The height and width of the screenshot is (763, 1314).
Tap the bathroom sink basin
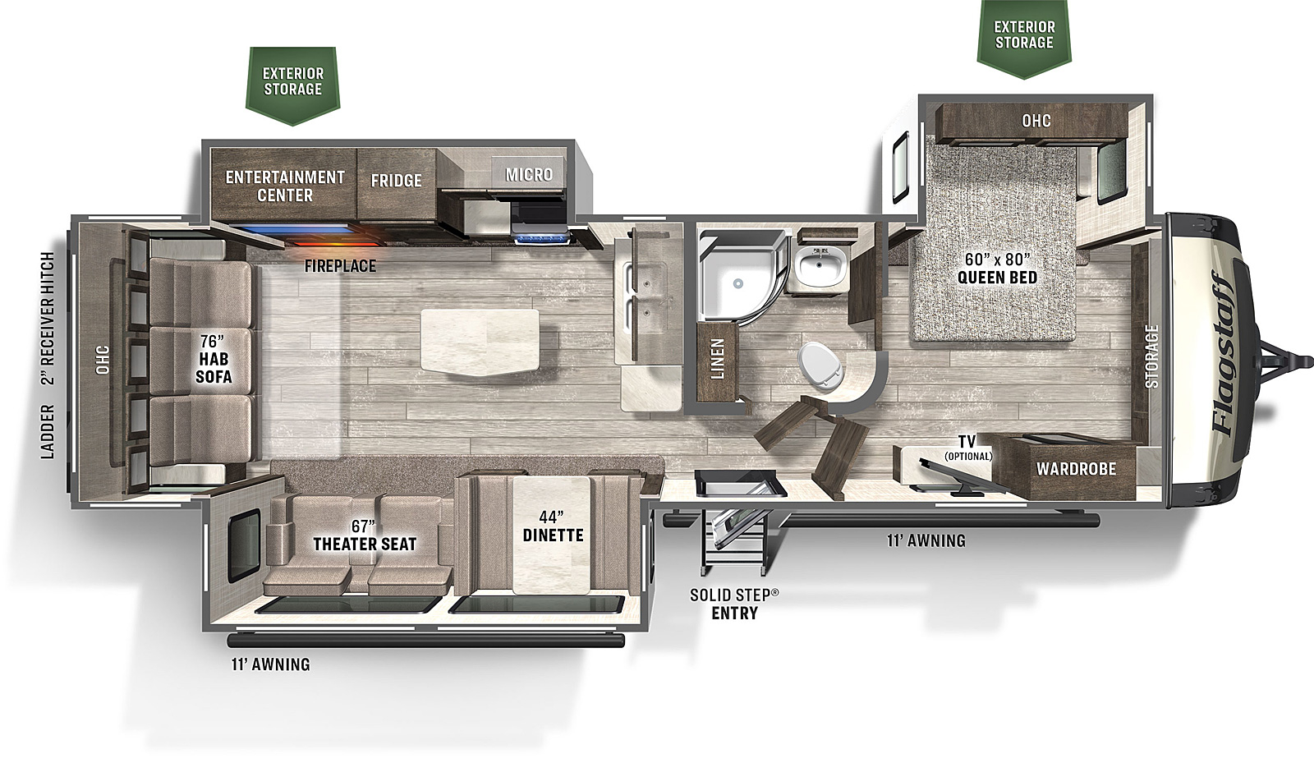pos(820,268)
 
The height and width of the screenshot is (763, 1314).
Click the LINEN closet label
pos(718,358)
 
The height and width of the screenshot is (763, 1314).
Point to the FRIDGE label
pos(396,180)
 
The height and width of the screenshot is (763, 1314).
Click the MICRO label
pos(529,174)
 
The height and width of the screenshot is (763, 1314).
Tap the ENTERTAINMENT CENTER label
pos(285,186)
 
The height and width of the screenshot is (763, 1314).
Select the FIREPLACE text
pos(340,266)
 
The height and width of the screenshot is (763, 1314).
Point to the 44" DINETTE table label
pos(553,526)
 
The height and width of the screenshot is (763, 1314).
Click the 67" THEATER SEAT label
pos(365,535)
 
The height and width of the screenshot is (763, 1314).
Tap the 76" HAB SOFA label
pos(214,358)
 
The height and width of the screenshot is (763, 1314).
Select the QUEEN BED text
pos(997,278)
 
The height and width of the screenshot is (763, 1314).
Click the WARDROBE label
pos(1076,469)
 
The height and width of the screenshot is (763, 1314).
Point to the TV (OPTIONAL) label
pos(967,447)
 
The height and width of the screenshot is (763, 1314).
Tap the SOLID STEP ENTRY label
pos(734,604)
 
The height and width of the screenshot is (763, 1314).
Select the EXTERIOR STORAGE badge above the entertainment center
pos(292,85)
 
